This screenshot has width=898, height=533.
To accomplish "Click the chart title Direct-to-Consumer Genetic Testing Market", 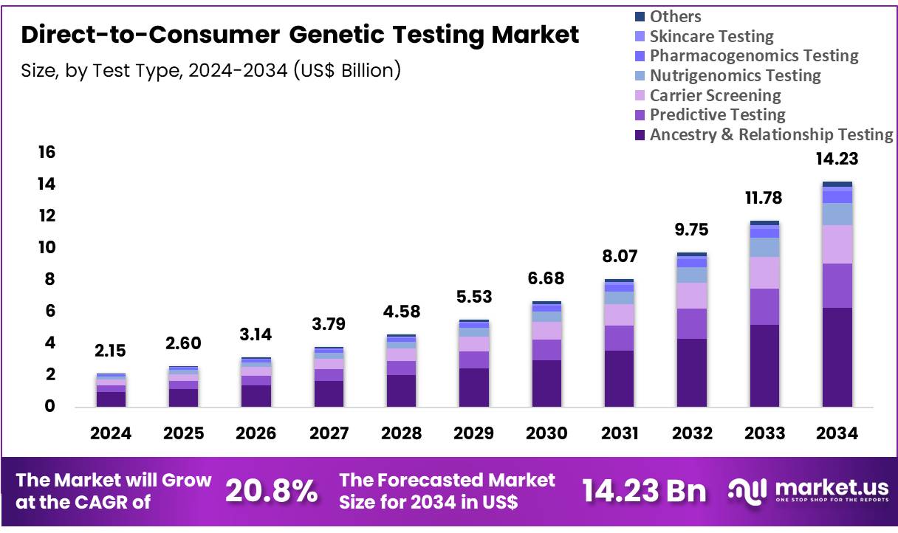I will (300, 35).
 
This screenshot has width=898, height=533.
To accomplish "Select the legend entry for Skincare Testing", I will (711, 36).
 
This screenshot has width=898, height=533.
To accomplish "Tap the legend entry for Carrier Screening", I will (715, 95).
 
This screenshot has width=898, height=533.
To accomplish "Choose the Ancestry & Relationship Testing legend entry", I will (771, 134).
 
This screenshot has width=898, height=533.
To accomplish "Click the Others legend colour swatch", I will (640, 16).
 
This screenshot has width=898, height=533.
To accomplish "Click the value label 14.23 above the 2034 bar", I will (837, 159).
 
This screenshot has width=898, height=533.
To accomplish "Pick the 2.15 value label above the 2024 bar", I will (110, 351).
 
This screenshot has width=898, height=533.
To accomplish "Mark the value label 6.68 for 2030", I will (546, 279).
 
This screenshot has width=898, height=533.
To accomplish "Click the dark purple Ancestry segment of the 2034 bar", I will (837, 357).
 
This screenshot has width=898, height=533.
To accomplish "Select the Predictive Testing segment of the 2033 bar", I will (764, 306).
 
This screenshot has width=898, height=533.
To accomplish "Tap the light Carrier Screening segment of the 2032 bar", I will (691, 295).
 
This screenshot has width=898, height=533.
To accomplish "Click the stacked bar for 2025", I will (182, 386).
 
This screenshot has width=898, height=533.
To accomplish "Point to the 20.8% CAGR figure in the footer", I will (271, 490).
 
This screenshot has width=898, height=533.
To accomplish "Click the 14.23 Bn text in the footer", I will (644, 490).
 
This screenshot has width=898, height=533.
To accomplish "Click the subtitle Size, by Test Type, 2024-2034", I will (211, 71).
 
